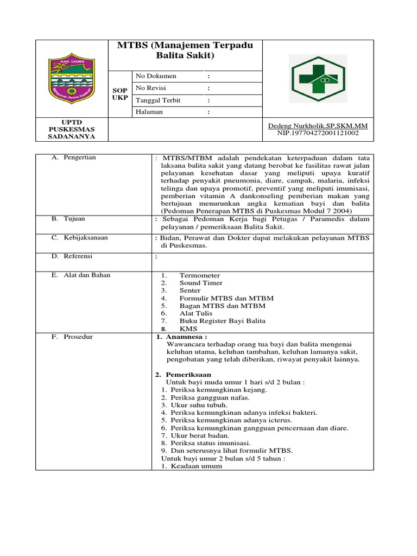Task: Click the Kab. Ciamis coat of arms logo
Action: [x=72, y=79]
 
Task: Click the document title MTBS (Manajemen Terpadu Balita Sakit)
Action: [x=185, y=50]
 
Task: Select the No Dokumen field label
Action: [x=156, y=76]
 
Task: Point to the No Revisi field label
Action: [x=150, y=88]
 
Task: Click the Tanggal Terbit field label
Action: [x=158, y=100]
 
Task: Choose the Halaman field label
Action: [x=149, y=112]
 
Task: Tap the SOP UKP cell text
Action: [x=120, y=93]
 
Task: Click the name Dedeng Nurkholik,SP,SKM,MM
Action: [x=318, y=126]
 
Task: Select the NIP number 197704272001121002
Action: [x=318, y=132]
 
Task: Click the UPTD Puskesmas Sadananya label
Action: [x=72, y=129]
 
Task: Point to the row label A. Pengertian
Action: [x=74, y=157]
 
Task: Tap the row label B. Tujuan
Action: [x=68, y=219]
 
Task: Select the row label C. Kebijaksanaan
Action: [x=80, y=238]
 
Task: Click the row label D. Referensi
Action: [x=72, y=256]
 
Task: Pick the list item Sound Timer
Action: [x=200, y=283]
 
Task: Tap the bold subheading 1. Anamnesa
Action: [x=176, y=337]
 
